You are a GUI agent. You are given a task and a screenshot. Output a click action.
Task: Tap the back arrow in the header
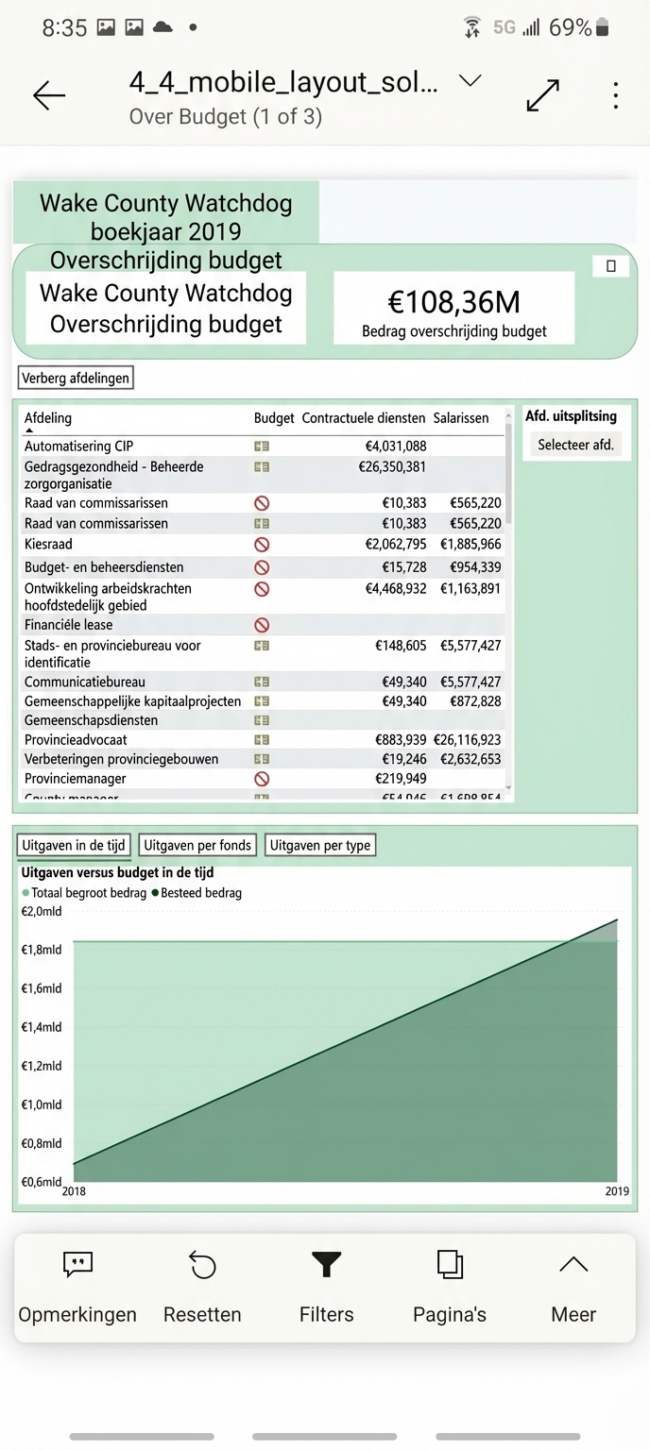[x=49, y=95]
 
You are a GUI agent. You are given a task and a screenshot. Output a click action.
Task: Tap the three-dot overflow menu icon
[x=615, y=95]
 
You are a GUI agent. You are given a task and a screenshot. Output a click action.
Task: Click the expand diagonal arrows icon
[x=542, y=95]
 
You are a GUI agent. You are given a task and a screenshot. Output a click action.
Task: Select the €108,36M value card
[x=453, y=308]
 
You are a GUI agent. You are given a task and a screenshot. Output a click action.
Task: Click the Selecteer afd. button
[x=575, y=445]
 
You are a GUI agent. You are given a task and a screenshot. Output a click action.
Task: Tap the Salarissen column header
[x=461, y=418]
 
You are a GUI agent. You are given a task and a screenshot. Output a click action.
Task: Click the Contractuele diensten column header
[x=364, y=418]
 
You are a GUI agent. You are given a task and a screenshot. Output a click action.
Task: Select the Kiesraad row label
[x=48, y=545]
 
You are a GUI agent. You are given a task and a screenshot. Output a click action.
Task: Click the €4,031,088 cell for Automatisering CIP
[x=396, y=447]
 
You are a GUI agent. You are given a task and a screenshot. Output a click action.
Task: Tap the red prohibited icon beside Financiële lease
[x=262, y=625]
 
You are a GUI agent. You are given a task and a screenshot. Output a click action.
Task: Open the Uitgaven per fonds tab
[x=197, y=846]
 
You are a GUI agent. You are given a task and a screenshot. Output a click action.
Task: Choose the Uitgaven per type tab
[x=320, y=846]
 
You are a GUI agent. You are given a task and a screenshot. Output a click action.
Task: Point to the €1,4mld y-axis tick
[x=42, y=1027]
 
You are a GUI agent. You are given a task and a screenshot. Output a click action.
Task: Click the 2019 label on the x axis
[x=616, y=1192]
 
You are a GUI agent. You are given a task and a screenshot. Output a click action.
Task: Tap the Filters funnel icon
[x=326, y=1265]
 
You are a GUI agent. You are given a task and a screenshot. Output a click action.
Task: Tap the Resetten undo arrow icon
[x=202, y=1265]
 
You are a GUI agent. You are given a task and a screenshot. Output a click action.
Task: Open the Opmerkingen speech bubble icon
[x=77, y=1265]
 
